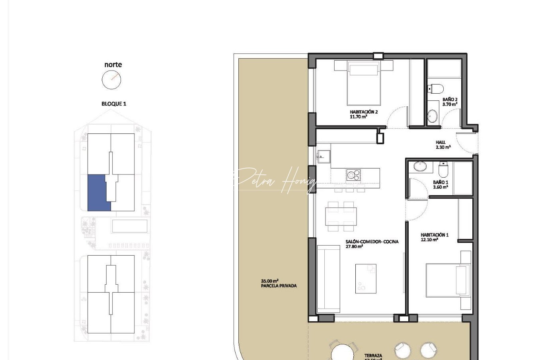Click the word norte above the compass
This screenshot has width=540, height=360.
click(113, 65)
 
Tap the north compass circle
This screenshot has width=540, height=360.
click(111, 80)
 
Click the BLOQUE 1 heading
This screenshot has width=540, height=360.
click(114, 104)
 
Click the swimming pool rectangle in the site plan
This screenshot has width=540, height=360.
click(130, 226)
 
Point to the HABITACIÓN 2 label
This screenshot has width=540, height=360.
click(363, 112)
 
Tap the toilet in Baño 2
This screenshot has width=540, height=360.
click(436, 89)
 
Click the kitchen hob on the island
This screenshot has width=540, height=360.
click(353, 174)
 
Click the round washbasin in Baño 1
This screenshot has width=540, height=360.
click(420, 166)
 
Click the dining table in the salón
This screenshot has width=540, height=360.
click(341, 216)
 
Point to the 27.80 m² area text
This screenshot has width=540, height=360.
click(354, 247)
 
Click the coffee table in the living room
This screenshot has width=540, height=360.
click(366, 278)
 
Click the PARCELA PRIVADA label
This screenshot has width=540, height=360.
click(279, 286)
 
